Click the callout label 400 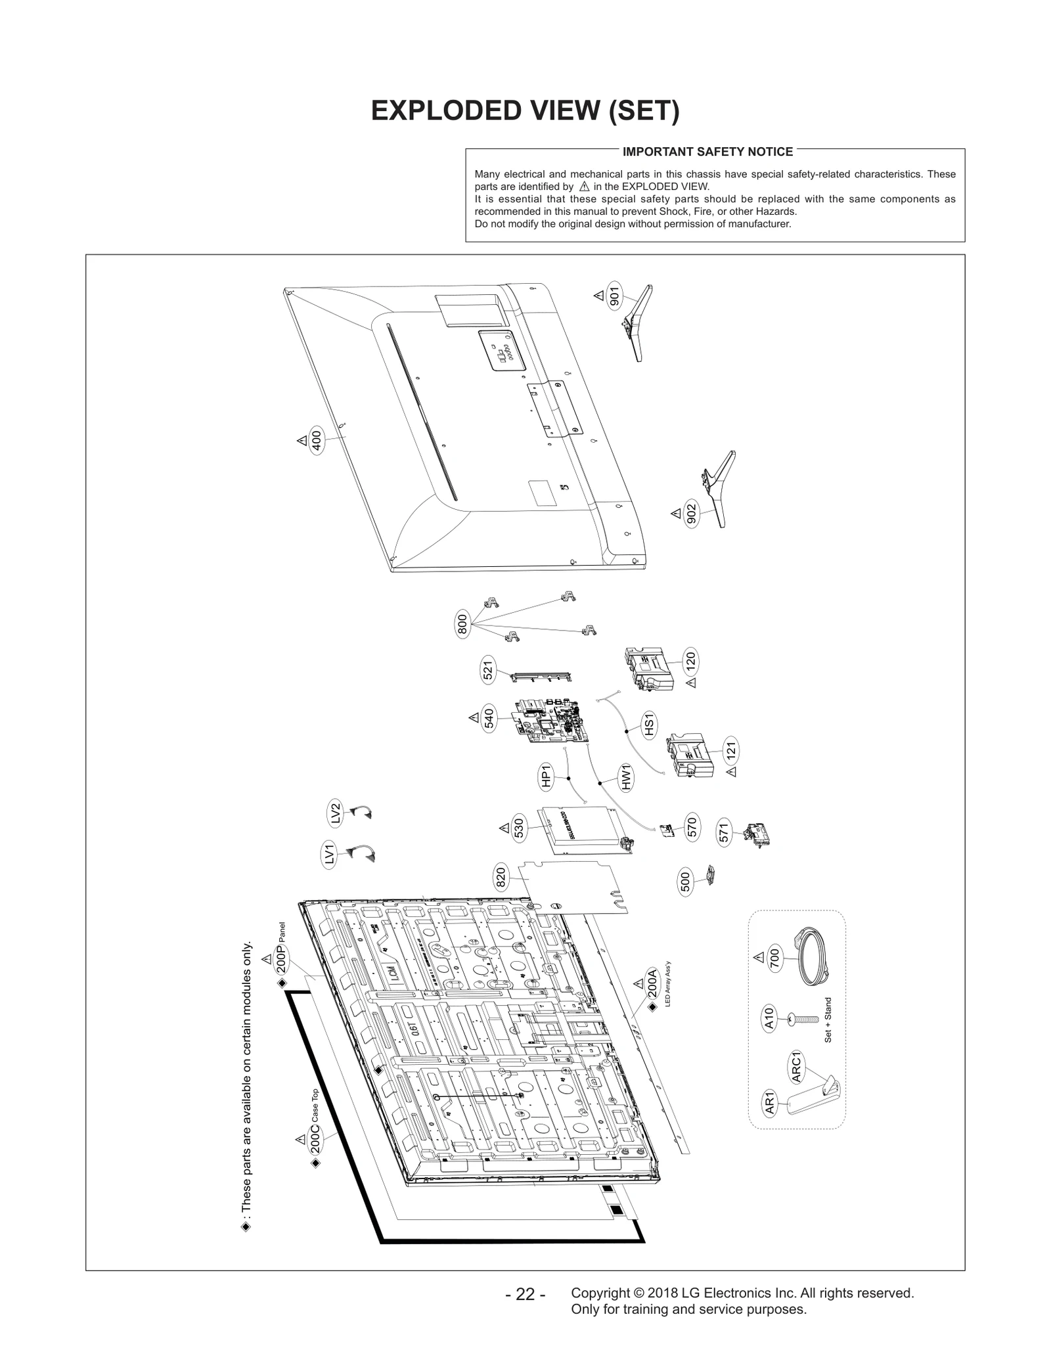coord(317,441)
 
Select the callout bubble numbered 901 coord(614,296)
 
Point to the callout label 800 coord(462,623)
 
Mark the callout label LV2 coord(335,813)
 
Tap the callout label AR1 coord(771,1103)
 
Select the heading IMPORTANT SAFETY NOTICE coord(707,152)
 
